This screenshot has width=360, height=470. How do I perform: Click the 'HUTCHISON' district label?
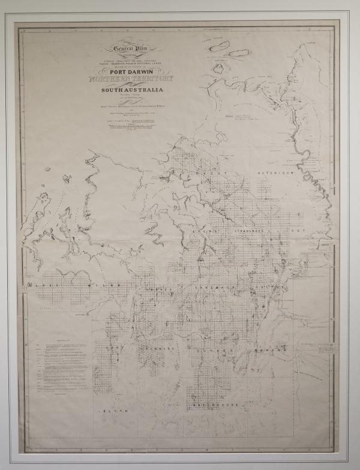point(274,172)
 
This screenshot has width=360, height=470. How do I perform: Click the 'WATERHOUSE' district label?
point(214,405)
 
